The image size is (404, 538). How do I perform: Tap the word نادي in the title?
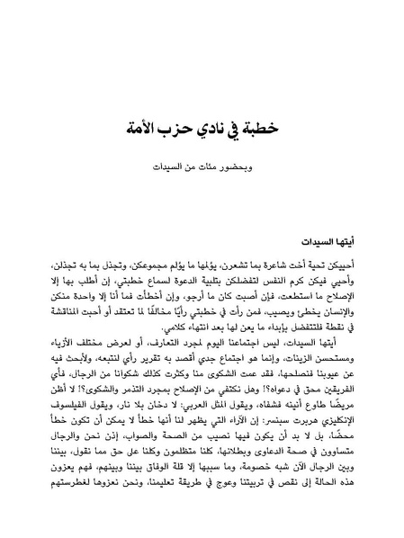(x=209, y=128)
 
